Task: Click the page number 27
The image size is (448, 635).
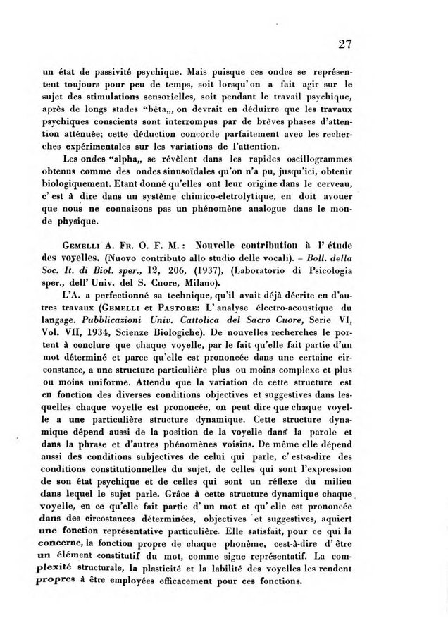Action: pyautogui.click(x=344, y=44)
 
